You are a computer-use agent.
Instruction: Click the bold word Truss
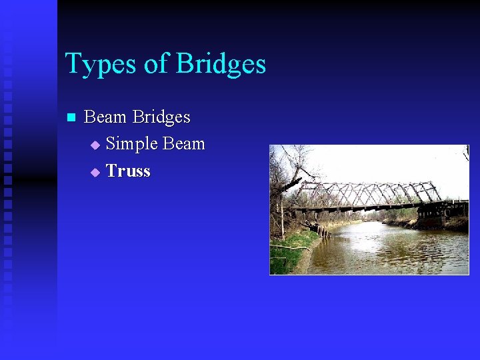coord(128,171)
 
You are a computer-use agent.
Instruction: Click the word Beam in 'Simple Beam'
coord(183,144)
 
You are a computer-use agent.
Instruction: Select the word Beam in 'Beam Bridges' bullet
coord(105,117)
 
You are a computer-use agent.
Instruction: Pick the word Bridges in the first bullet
coord(161,117)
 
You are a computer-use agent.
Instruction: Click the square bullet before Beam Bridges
coord(71,118)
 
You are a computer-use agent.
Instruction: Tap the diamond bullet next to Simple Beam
coord(95,145)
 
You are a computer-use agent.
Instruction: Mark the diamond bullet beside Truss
coord(95,172)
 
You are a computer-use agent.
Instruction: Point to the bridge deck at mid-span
coord(367,207)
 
